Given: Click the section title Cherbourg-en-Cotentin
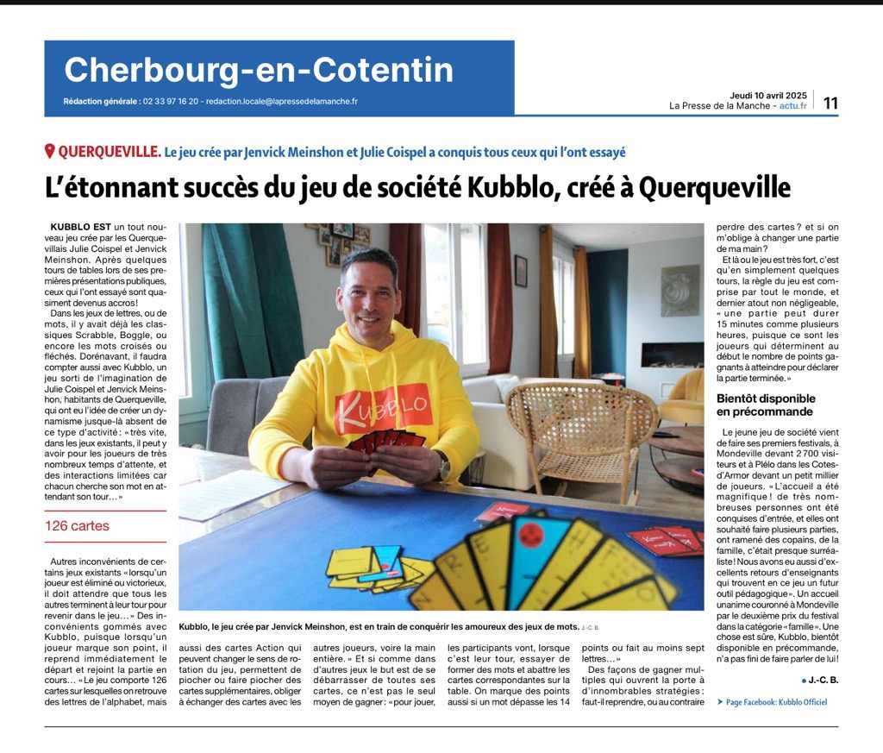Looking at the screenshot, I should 259,70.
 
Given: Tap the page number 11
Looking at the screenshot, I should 830,104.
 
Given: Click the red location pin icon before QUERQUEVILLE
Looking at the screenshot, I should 50,152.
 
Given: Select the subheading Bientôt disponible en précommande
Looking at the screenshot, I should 766,405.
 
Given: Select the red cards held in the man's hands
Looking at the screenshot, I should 385,442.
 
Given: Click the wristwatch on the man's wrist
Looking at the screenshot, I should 444,466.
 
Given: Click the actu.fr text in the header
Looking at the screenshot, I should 792,106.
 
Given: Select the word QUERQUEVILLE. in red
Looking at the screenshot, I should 109,152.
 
